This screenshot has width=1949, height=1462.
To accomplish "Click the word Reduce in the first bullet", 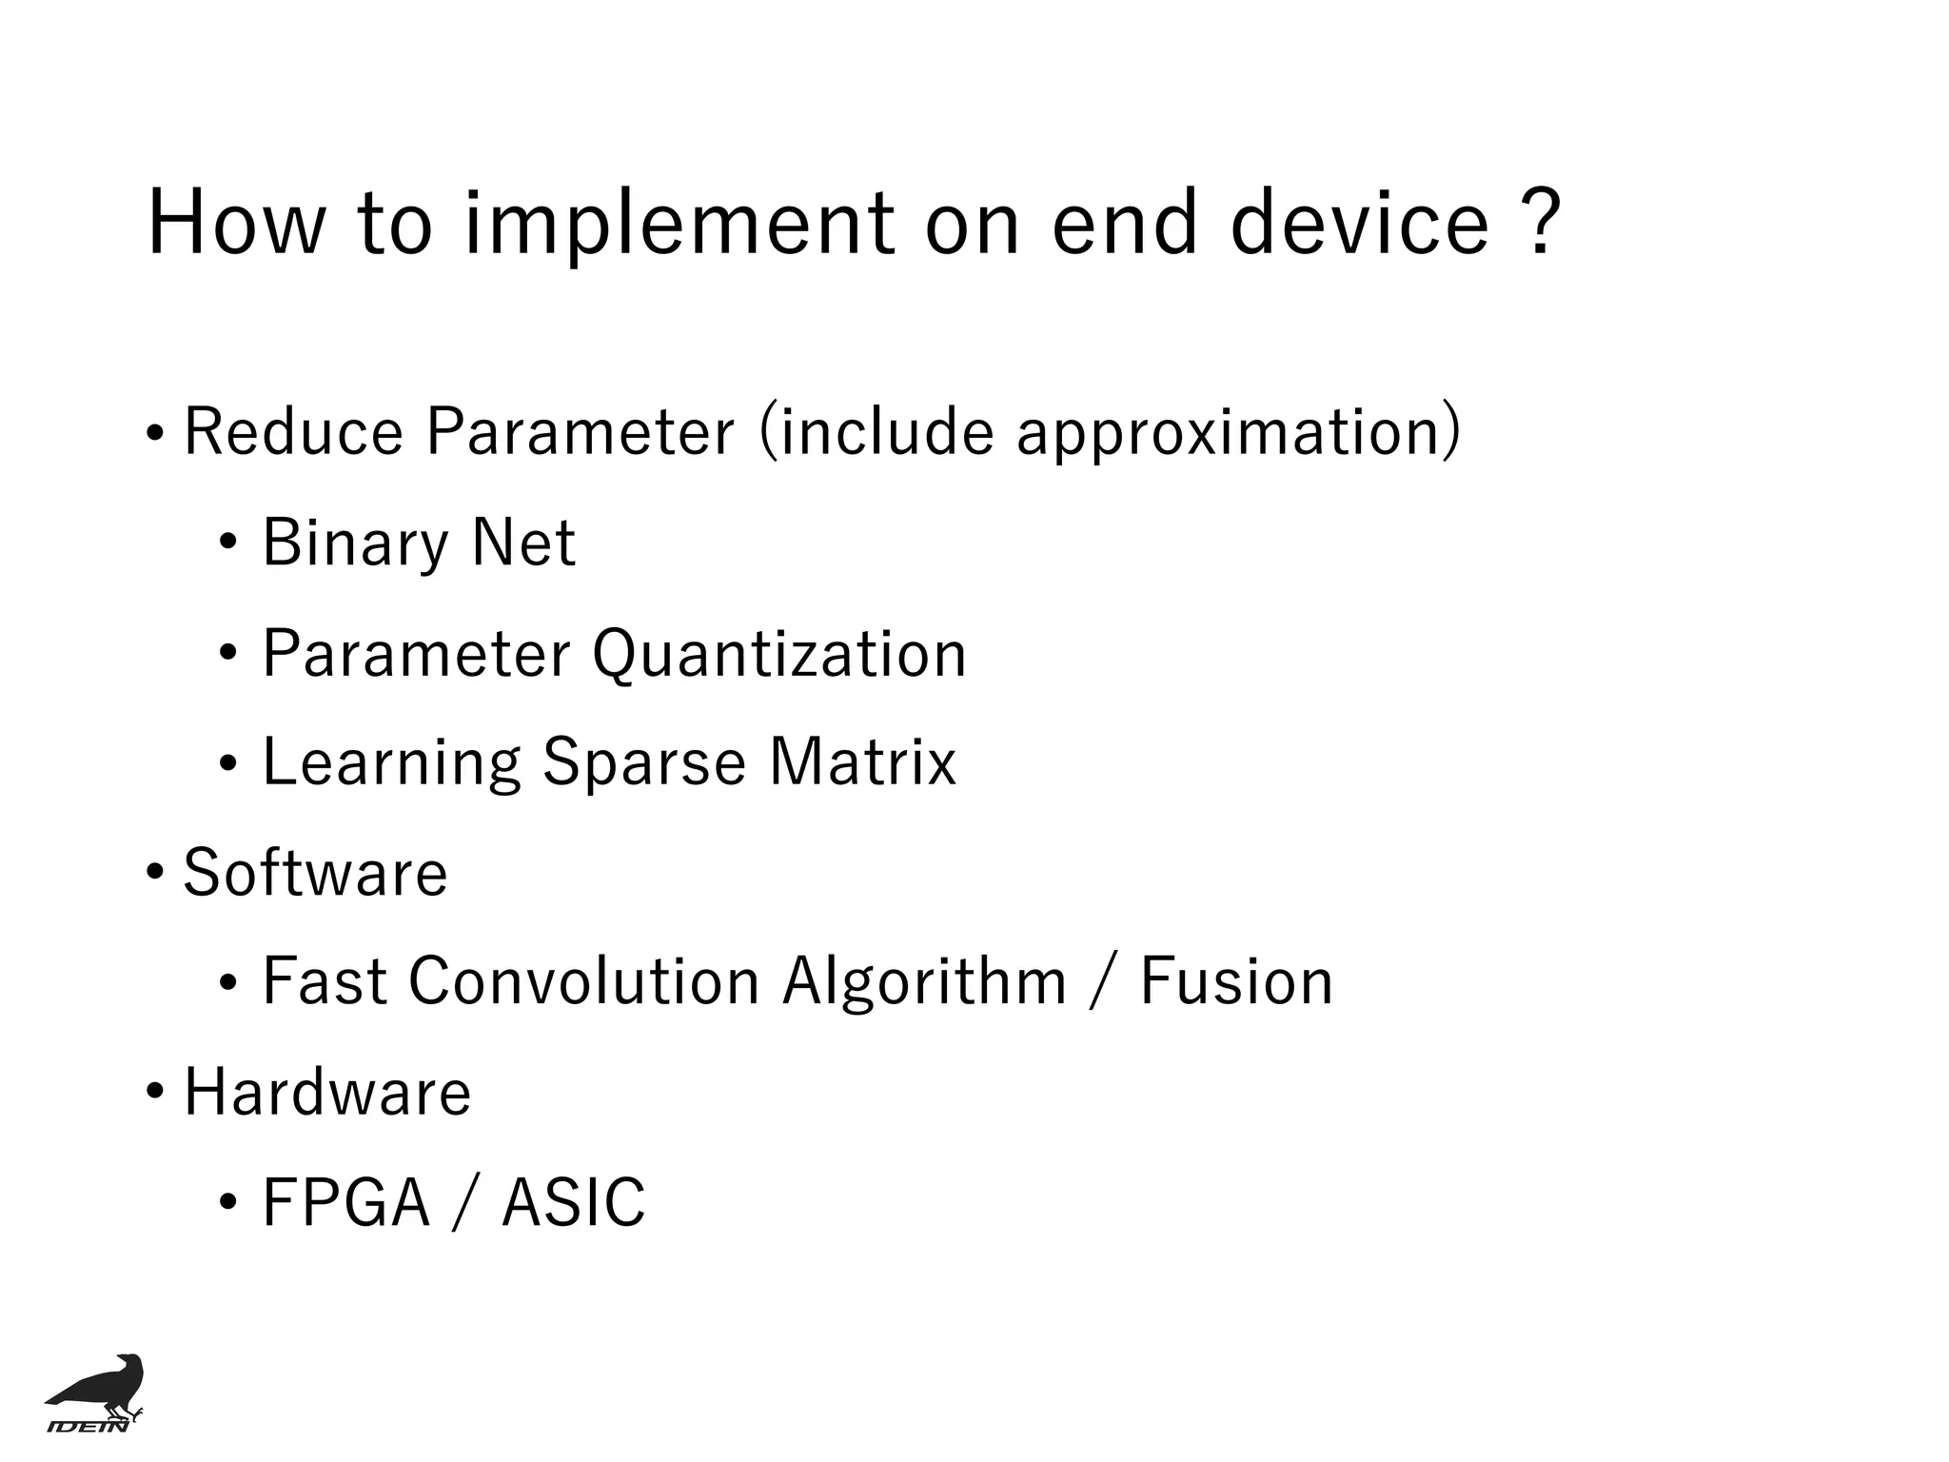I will pyautogui.click(x=293, y=431).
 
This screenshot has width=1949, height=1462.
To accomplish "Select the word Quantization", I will pyautogui.click(x=778, y=655).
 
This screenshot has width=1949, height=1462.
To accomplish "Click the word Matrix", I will pyautogui.click(x=861, y=762).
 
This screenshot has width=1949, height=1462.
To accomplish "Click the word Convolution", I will pyautogui.click(x=583, y=981).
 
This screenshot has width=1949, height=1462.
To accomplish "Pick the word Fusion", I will pyautogui.click(x=1236, y=981).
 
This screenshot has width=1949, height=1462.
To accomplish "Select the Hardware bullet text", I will pyautogui.click(x=326, y=1092).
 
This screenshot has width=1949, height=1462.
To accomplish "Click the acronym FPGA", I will pyautogui.click(x=345, y=1202).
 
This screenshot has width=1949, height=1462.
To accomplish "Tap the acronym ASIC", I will pyautogui.click(x=573, y=1202).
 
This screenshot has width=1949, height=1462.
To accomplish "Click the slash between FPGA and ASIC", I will pyautogui.click(x=463, y=1203).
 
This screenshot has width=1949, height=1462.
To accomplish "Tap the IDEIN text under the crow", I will pyautogui.click(x=88, y=1426).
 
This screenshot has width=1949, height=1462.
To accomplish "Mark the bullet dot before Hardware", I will pyautogui.click(x=154, y=1092).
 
